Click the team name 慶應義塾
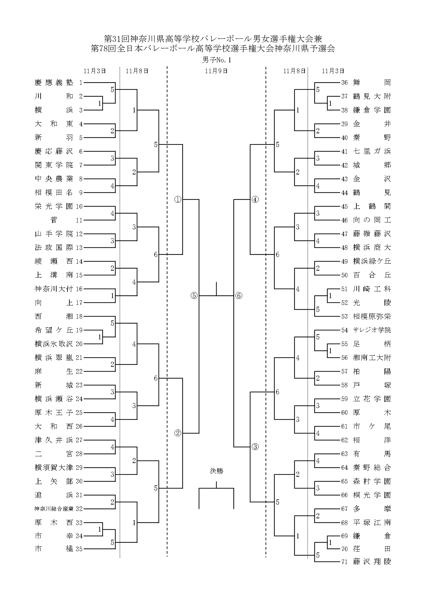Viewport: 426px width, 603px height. tap(54, 83)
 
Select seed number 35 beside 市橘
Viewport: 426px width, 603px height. tap(79, 549)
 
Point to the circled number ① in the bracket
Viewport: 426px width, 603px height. tap(178, 199)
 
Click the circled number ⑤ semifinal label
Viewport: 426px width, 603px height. tap(194, 296)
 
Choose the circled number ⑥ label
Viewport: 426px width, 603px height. tap(239, 296)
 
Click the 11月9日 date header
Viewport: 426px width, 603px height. tap(216, 71)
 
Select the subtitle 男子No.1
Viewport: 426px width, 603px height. tap(216, 60)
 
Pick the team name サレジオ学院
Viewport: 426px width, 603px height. tap(372, 330)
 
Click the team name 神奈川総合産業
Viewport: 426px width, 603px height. tap(54, 508)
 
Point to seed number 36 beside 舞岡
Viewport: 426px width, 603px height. tap(344, 83)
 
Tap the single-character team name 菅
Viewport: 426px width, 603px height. tap(54, 220)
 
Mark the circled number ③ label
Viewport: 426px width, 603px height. tap(255, 447)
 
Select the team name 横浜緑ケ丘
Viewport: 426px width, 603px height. tap(372, 261)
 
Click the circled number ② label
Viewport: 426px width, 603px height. tap(178, 433)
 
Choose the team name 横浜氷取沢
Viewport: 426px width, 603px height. tap(54, 344)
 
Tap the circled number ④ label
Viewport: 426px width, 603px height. tap(255, 199)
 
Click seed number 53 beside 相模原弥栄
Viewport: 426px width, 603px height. tap(344, 316)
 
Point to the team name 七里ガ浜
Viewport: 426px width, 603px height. tap(372, 151)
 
